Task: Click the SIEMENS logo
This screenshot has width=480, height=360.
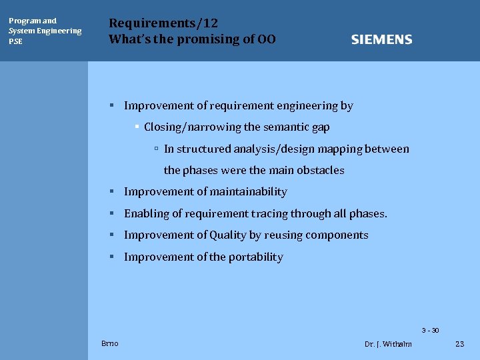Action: tap(381, 40)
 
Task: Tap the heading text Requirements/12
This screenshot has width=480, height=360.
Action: tap(163, 23)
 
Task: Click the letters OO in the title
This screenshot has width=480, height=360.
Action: tap(267, 39)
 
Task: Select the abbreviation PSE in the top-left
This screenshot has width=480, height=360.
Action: tap(15, 41)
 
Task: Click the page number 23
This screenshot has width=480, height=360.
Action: tap(459, 344)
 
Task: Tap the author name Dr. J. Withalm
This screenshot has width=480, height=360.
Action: tap(388, 344)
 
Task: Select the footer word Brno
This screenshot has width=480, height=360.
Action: tap(110, 343)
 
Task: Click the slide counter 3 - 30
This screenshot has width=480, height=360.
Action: tap(430, 331)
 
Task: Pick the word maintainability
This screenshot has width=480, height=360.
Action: tap(248, 192)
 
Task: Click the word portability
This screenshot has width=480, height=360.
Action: tap(256, 257)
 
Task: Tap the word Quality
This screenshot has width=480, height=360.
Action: tap(228, 235)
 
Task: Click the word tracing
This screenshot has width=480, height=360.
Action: tap(269, 214)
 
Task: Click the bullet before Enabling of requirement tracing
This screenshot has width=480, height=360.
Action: tap(113, 213)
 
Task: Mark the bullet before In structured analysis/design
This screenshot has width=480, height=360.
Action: tap(155, 149)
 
